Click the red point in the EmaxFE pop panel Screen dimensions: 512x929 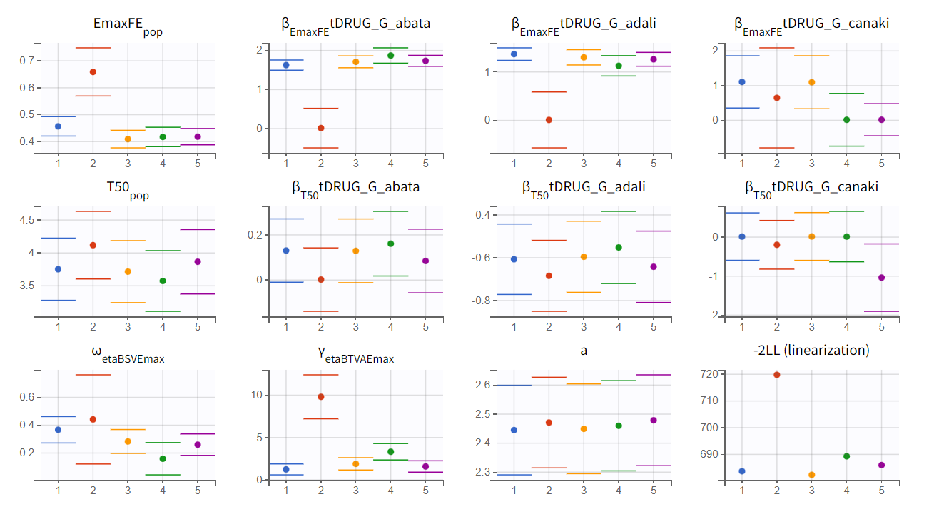coord(93,71)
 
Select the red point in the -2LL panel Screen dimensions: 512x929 coord(777,375)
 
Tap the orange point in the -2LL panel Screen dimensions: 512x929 coord(812,475)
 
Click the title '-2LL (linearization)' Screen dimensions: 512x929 coord(811,351)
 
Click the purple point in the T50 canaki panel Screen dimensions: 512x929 coord(881,278)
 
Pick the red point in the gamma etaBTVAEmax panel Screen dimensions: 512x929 coord(321,397)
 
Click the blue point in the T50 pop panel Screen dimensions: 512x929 coord(58,269)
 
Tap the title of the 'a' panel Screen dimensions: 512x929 coord(583,351)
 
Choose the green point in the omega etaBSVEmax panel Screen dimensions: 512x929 coord(163,458)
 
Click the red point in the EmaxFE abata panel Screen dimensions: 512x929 coord(321,129)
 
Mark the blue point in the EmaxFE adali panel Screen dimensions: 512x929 coord(514,54)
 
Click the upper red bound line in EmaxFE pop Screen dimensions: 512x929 coord(93,48)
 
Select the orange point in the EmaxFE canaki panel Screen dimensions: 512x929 coord(812,82)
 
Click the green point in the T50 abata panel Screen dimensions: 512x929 coord(390,244)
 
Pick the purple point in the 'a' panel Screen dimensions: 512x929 coord(654,421)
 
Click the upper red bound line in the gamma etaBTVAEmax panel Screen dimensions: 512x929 coord(321,375)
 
